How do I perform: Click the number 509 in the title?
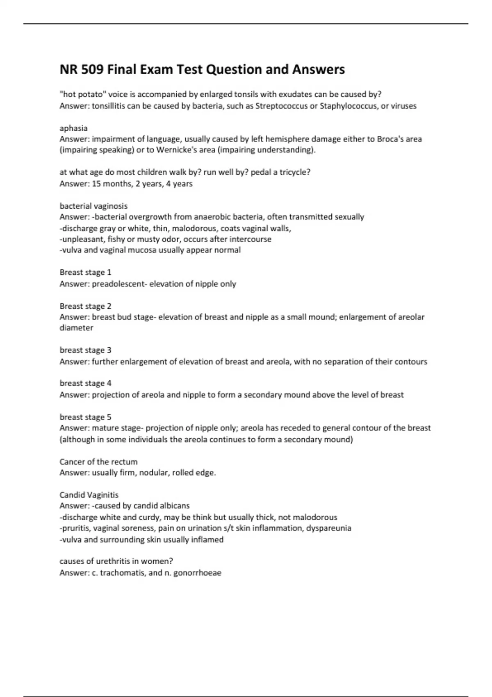93,70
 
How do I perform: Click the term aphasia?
73,128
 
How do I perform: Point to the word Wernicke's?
178,150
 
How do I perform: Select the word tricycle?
294,172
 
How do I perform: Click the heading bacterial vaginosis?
93,206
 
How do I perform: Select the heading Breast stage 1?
85,272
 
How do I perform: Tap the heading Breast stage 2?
85,306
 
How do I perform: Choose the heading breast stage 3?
85,350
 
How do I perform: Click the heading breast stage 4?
85,383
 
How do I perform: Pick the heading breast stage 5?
85,417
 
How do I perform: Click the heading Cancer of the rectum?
98,462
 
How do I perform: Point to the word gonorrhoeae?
197,573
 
